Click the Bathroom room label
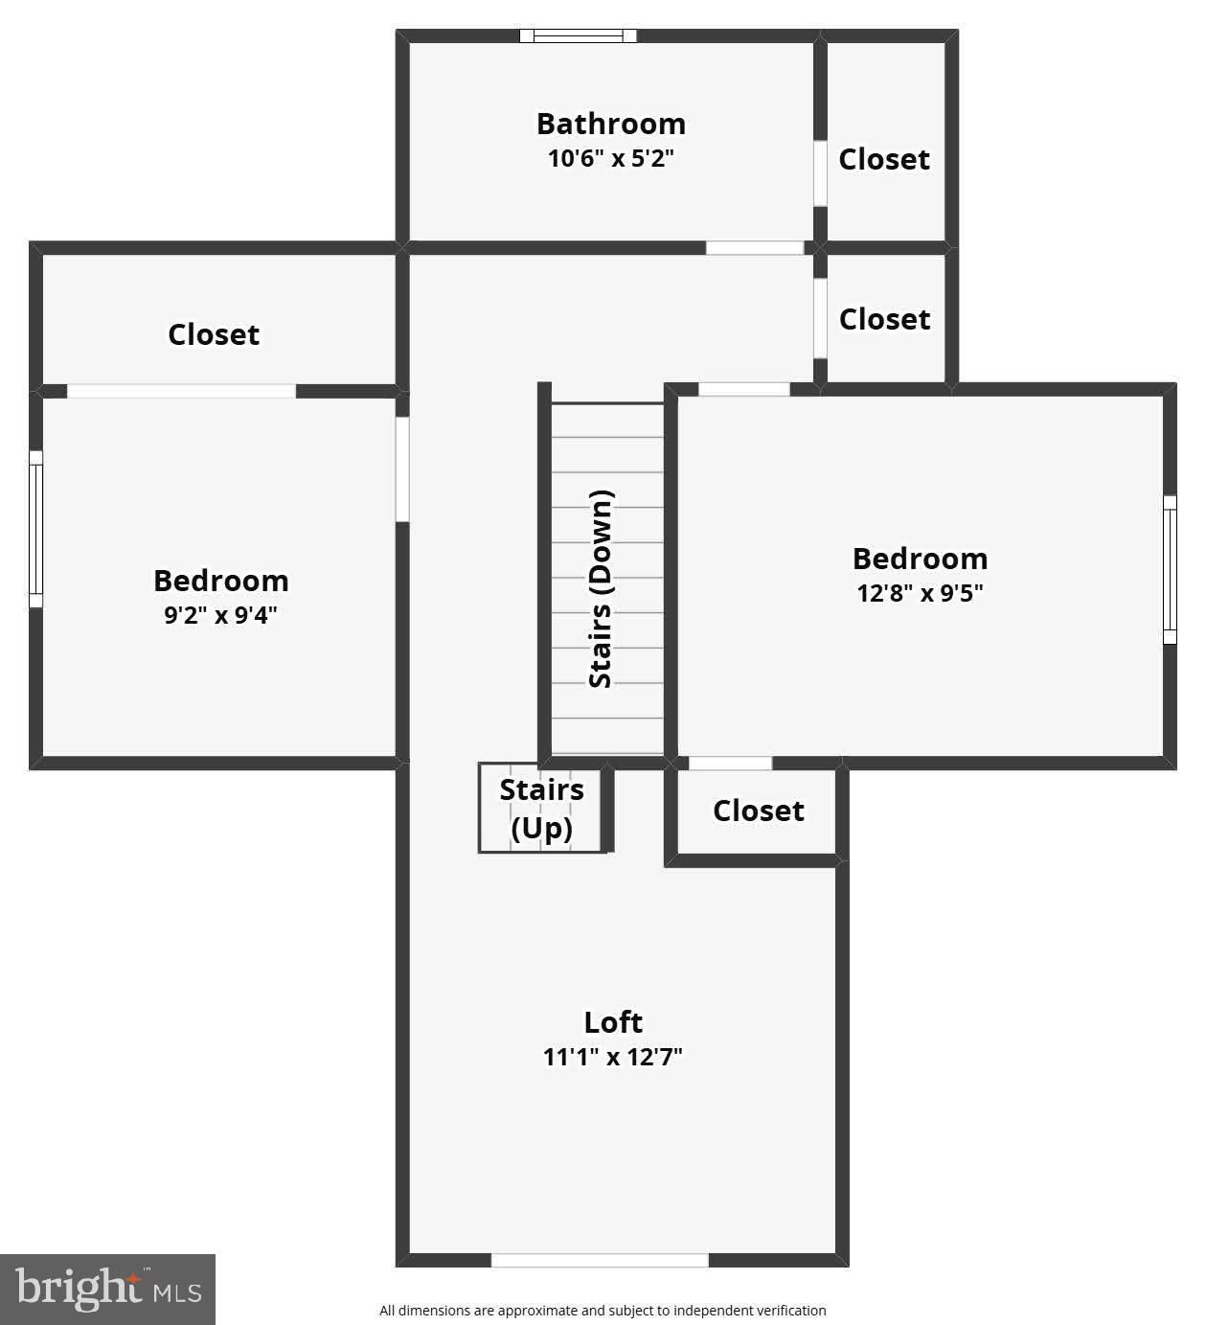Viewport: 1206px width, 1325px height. [x=610, y=124]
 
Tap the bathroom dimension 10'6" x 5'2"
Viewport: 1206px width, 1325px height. [x=610, y=158]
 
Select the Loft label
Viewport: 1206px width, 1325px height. [x=613, y=1022]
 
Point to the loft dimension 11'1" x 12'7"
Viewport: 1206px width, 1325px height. [x=612, y=1057]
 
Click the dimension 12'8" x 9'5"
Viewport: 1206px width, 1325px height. [x=920, y=593]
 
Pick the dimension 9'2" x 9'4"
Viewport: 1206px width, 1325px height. [x=220, y=615]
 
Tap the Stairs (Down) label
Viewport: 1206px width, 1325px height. [x=601, y=588]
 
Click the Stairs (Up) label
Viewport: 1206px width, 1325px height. [x=541, y=809]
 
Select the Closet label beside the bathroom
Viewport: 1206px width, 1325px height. [x=884, y=159]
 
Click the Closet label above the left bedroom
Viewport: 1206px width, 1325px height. [x=214, y=334]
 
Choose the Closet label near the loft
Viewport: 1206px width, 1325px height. [x=759, y=811]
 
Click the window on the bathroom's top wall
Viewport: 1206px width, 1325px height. [x=578, y=36]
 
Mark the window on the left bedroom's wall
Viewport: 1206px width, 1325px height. [x=35, y=529]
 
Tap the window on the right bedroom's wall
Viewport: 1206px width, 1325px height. [x=1170, y=569]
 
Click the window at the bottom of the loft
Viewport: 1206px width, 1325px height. [x=600, y=1260]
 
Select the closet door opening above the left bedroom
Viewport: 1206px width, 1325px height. [x=181, y=391]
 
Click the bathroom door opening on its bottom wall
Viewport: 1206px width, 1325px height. [x=754, y=248]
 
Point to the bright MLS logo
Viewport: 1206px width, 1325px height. [x=107, y=1289]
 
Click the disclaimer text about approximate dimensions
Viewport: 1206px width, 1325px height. [x=603, y=1311]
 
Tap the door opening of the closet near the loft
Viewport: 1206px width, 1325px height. [x=730, y=764]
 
